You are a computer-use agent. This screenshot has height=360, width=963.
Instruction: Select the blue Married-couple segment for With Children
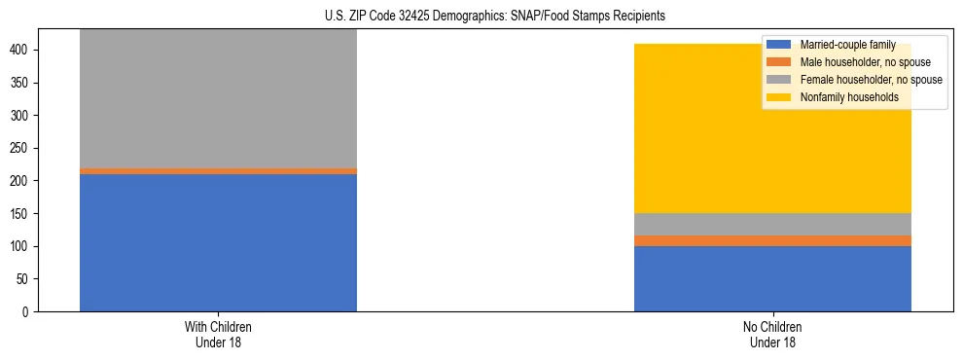click(218, 242)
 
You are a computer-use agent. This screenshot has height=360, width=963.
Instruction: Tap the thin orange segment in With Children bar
click(218, 171)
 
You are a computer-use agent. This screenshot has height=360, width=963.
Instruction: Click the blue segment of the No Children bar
click(772, 278)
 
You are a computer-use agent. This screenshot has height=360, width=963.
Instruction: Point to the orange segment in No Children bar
click(772, 240)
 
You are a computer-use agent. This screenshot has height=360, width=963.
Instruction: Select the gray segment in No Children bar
click(772, 224)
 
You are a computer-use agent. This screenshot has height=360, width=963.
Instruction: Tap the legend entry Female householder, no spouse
click(870, 80)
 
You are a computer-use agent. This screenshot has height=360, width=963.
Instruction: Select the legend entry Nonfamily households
click(842, 97)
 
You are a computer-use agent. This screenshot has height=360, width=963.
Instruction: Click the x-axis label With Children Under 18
click(218, 334)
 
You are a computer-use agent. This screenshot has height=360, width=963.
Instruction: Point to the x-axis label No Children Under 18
click(772, 334)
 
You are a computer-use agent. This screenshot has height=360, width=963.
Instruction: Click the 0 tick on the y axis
click(32, 311)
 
